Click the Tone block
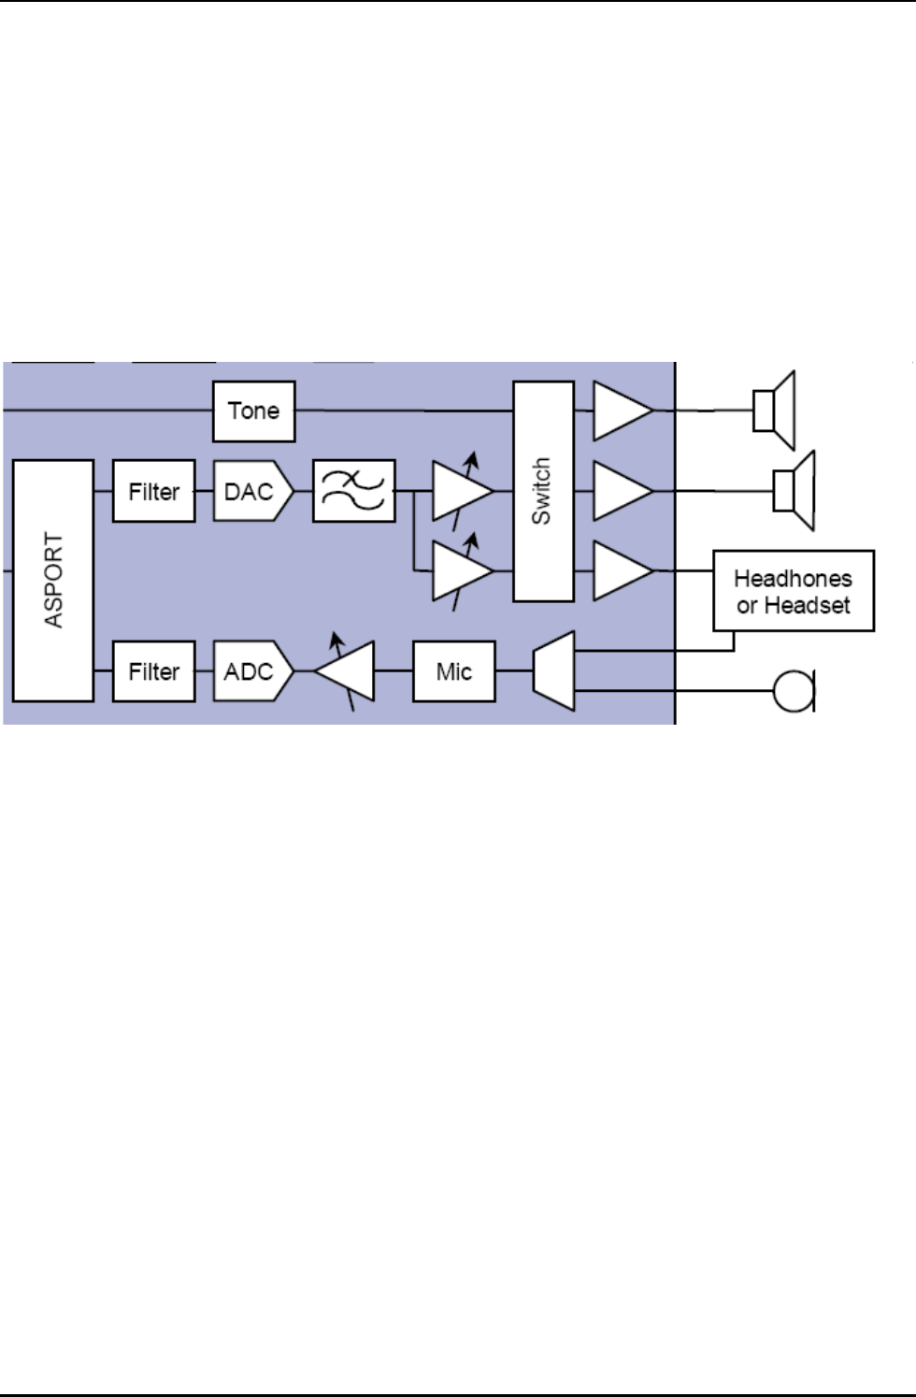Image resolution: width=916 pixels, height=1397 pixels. pos(253,410)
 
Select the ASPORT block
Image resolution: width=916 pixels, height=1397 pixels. pos(53,580)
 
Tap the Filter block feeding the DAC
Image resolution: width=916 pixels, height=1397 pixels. pos(154,491)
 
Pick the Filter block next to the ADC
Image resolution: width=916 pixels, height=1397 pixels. pos(154,671)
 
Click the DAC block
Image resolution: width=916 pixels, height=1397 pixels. pos(250,491)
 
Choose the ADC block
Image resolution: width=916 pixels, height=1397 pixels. pos(250,671)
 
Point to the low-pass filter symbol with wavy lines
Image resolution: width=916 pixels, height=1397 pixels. pos(353,491)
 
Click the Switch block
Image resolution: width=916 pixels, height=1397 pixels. pos(543,491)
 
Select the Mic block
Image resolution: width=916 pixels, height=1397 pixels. pos(454,671)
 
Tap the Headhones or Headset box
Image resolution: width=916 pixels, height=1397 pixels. pos(794,591)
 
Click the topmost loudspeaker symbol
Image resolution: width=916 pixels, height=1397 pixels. pos(775,410)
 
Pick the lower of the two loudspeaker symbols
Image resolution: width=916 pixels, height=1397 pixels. pos(794,491)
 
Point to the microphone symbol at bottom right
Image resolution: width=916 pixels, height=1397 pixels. pos(794,692)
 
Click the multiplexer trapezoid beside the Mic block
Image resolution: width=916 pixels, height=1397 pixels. pos(553,670)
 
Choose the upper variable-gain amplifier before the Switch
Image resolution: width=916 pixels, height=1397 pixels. pos(460,491)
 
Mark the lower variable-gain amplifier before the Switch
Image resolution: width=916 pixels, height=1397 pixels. pos(460,570)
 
